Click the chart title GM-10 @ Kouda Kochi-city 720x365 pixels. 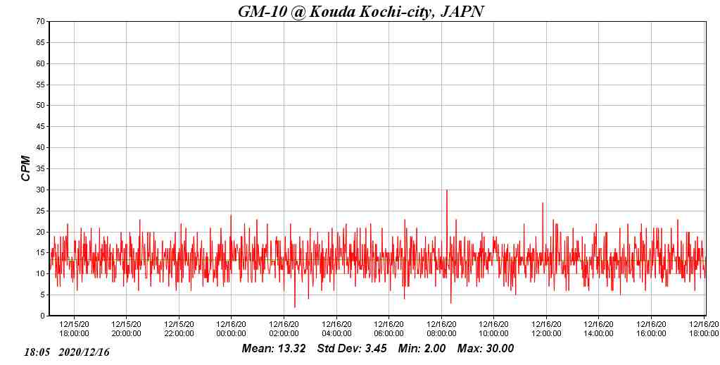point(360,11)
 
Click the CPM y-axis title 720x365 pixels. point(26,168)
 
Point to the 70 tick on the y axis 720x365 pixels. point(41,22)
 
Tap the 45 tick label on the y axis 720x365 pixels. point(41,127)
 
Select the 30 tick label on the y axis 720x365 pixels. point(41,190)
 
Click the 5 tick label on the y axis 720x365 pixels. point(43,295)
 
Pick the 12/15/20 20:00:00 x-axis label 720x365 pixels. point(126,329)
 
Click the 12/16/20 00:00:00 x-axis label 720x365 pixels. point(231,329)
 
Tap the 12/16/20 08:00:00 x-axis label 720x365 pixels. point(441,329)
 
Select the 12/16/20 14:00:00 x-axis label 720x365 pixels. point(598,329)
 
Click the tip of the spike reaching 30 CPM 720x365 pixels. point(446,190)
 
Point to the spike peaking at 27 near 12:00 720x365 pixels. point(543,203)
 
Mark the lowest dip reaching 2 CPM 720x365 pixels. point(295,307)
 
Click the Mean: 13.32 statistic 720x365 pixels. point(274,349)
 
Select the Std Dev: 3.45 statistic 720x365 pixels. point(352,349)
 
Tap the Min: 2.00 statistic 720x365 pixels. point(422,349)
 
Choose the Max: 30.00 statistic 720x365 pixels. point(486,349)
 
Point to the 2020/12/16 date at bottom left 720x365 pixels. point(84,352)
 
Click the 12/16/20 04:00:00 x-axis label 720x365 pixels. point(336,329)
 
